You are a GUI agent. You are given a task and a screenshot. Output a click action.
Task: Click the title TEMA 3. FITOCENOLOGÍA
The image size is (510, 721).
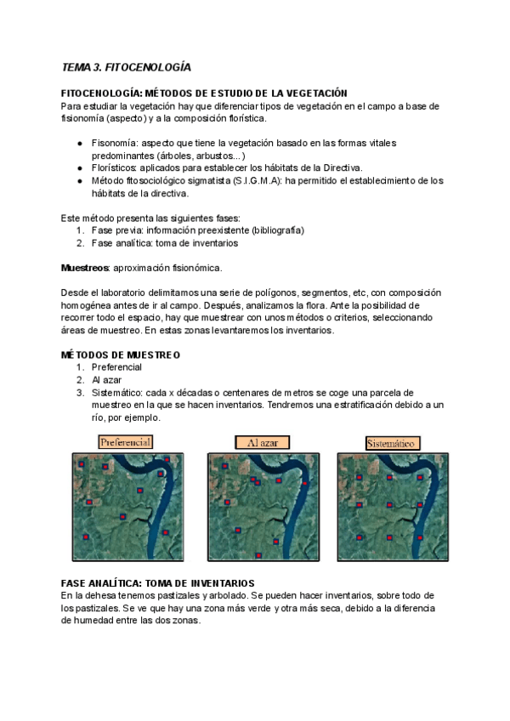coord(126,66)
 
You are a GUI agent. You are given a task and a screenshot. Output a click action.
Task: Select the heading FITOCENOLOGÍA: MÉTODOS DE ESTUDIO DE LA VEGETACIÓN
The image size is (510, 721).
coord(204,93)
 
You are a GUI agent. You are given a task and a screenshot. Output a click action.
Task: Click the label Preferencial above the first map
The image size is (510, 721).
coord(125,442)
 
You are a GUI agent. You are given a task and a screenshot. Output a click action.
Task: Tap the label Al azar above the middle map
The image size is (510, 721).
coord(262,442)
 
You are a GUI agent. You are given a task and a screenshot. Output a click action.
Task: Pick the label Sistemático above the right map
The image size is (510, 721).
coord(392,442)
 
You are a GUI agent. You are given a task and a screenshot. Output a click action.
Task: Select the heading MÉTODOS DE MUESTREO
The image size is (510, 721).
coord(120,355)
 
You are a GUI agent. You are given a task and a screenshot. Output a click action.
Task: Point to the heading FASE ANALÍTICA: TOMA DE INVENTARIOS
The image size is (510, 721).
coord(157,583)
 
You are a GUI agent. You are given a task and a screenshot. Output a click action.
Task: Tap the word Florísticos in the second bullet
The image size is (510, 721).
coord(116,167)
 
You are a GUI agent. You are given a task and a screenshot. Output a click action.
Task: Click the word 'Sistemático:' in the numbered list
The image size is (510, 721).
coord(117,393)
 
